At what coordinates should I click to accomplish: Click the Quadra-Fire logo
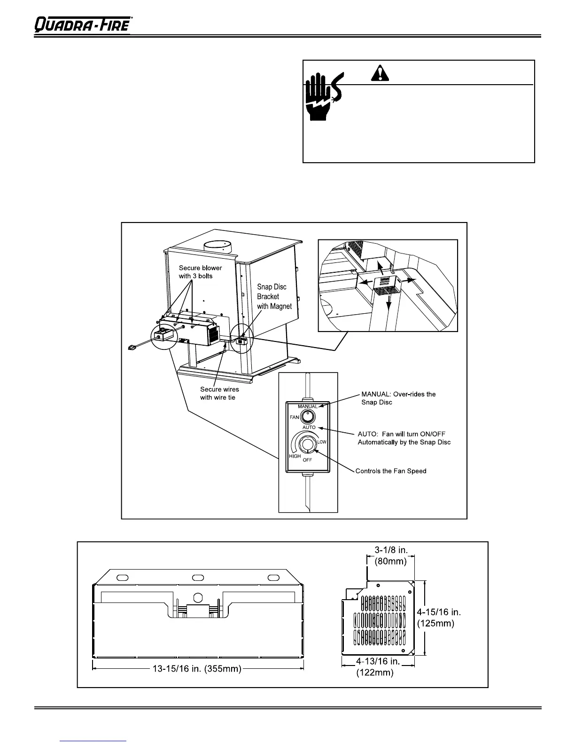coord(83,24)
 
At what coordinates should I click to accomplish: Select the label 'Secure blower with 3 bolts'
coord(200,272)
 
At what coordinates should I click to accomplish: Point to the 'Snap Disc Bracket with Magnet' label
coord(274,296)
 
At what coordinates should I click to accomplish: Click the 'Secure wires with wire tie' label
coord(219,393)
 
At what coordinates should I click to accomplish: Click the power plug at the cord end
coord(133,348)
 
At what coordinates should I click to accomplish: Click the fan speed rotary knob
coord(307,444)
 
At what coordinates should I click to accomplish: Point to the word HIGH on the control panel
coord(295,456)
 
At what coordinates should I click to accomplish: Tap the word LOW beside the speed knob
coord(322,442)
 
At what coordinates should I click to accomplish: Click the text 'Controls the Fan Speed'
coord(391,471)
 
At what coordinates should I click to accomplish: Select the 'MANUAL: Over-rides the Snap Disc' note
coord(398,398)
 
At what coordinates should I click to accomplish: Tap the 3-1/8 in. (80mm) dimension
coord(390,555)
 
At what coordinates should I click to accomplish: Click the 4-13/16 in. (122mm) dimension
coord(378,667)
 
